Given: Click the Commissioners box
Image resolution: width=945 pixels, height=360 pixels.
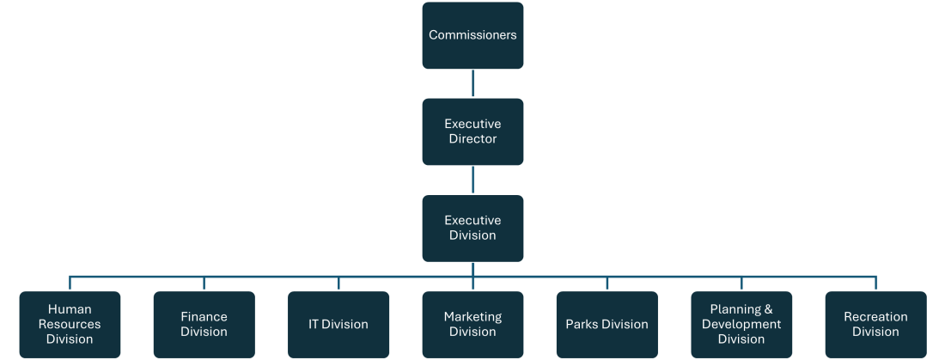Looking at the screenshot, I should [472, 35].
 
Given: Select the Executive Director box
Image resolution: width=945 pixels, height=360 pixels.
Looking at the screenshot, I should [472, 131].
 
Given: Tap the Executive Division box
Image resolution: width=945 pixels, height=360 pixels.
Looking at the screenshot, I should [472, 228].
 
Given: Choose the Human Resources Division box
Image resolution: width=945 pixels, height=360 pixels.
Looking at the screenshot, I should [70, 324].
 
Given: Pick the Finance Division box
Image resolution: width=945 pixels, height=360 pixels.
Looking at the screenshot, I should [204, 324].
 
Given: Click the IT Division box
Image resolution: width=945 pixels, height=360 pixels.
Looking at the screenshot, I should [338, 324].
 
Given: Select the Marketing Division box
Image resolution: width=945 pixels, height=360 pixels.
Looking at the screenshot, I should [472, 324].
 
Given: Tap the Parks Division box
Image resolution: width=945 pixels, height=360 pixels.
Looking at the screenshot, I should [607, 324].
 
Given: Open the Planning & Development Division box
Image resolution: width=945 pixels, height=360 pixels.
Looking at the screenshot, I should [741, 324].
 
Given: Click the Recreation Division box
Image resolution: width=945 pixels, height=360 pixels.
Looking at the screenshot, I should [875, 324].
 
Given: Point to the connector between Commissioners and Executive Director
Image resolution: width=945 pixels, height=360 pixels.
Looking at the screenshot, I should [472, 83].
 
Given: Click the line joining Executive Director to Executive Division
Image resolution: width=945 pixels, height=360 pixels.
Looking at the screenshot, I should [472, 180].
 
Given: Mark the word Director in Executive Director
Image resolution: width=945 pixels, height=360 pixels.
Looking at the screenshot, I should [472, 139].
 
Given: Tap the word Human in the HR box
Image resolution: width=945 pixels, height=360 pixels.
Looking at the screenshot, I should [70, 309].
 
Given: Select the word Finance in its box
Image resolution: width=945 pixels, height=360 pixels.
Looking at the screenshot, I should [204, 317].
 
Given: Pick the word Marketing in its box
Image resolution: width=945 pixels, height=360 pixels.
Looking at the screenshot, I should [472, 317].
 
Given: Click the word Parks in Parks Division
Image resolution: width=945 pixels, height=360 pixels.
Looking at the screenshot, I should [582, 325].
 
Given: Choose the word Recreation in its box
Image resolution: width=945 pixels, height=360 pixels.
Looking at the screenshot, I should [875, 317].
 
